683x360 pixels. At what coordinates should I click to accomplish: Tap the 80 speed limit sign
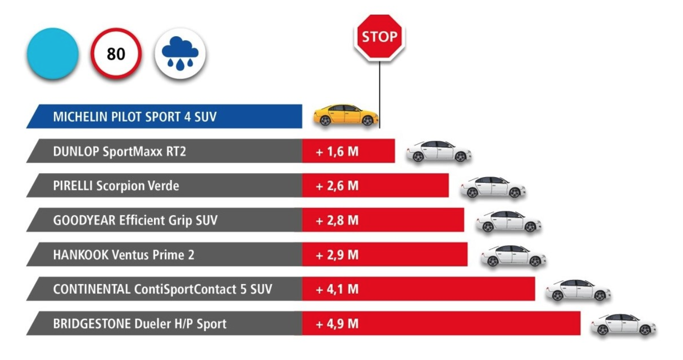point(116,53)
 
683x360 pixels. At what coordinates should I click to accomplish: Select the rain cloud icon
point(180,53)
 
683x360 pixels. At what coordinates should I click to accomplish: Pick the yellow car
point(346,115)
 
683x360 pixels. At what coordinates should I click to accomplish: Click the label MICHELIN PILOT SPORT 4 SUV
point(134,117)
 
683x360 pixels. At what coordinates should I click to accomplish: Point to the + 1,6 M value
point(337,152)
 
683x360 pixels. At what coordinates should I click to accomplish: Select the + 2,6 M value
point(337,186)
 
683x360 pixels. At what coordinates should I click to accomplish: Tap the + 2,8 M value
point(337,220)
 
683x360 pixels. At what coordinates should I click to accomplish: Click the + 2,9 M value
point(337,255)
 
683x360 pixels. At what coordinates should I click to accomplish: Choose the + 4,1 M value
point(337,289)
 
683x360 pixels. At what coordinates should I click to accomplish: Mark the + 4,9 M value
point(337,324)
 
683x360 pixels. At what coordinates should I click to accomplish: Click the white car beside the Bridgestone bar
point(623,324)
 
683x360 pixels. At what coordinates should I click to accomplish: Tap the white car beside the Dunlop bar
point(439,152)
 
